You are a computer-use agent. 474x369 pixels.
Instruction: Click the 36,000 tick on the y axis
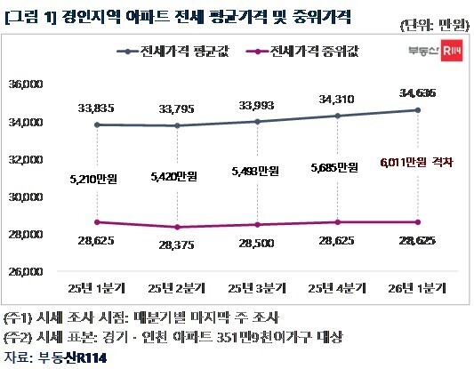(x=38, y=84)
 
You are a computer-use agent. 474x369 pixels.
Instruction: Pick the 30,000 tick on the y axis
(x=38, y=197)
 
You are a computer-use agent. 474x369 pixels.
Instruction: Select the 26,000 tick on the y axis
(x=38, y=271)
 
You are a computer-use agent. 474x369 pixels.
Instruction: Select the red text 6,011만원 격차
(x=416, y=162)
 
